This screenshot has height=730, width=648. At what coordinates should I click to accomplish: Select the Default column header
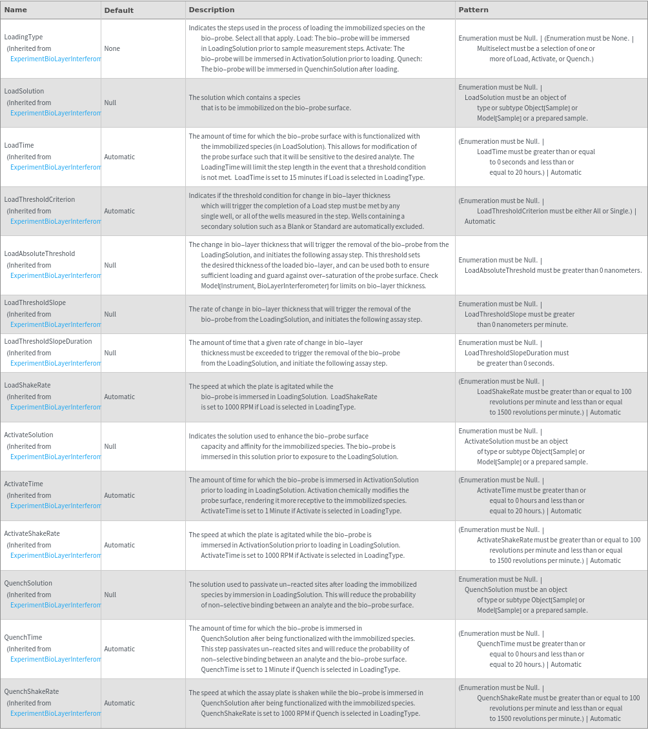point(119,10)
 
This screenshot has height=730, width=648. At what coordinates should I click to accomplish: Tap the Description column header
point(212,10)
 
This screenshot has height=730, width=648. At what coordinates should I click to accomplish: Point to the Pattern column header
point(473,10)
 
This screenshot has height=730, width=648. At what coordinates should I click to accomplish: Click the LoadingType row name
point(23,37)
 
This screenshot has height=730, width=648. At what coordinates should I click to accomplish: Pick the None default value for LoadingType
point(112,48)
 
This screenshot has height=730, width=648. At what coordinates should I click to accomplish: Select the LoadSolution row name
point(24,91)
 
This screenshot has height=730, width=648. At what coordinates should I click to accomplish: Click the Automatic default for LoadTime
point(119,157)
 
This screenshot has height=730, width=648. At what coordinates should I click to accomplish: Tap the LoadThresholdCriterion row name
point(39,199)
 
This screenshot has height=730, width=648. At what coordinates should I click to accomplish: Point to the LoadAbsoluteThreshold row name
point(39,253)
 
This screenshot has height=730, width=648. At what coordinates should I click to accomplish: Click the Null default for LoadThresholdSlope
point(110,314)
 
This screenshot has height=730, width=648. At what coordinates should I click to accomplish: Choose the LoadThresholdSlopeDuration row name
point(48,341)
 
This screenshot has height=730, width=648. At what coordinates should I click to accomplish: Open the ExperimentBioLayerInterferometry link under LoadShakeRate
point(56,407)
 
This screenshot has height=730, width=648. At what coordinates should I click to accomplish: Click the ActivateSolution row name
point(28,435)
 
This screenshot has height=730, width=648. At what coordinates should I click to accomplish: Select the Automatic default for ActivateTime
point(119,495)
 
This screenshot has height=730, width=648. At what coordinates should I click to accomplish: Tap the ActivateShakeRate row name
point(32,533)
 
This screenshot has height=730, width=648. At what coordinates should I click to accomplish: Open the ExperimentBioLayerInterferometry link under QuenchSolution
point(56,605)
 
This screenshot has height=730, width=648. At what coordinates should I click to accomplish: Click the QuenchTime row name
point(23,637)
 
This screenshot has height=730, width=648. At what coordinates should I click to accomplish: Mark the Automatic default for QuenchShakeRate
point(119,703)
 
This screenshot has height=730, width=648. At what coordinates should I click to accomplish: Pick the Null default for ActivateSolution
point(110,446)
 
